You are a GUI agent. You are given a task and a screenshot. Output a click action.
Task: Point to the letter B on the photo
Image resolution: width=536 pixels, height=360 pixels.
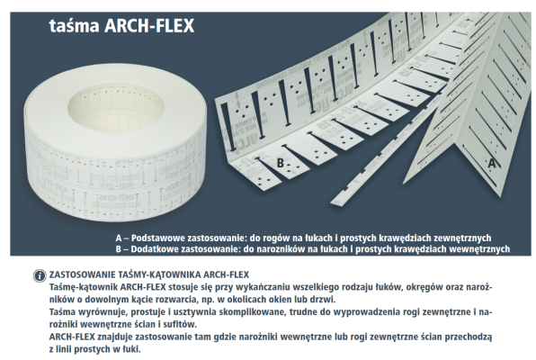(x=281, y=163)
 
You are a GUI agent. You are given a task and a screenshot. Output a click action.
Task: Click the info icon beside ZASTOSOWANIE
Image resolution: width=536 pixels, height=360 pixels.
(x=39, y=273)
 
